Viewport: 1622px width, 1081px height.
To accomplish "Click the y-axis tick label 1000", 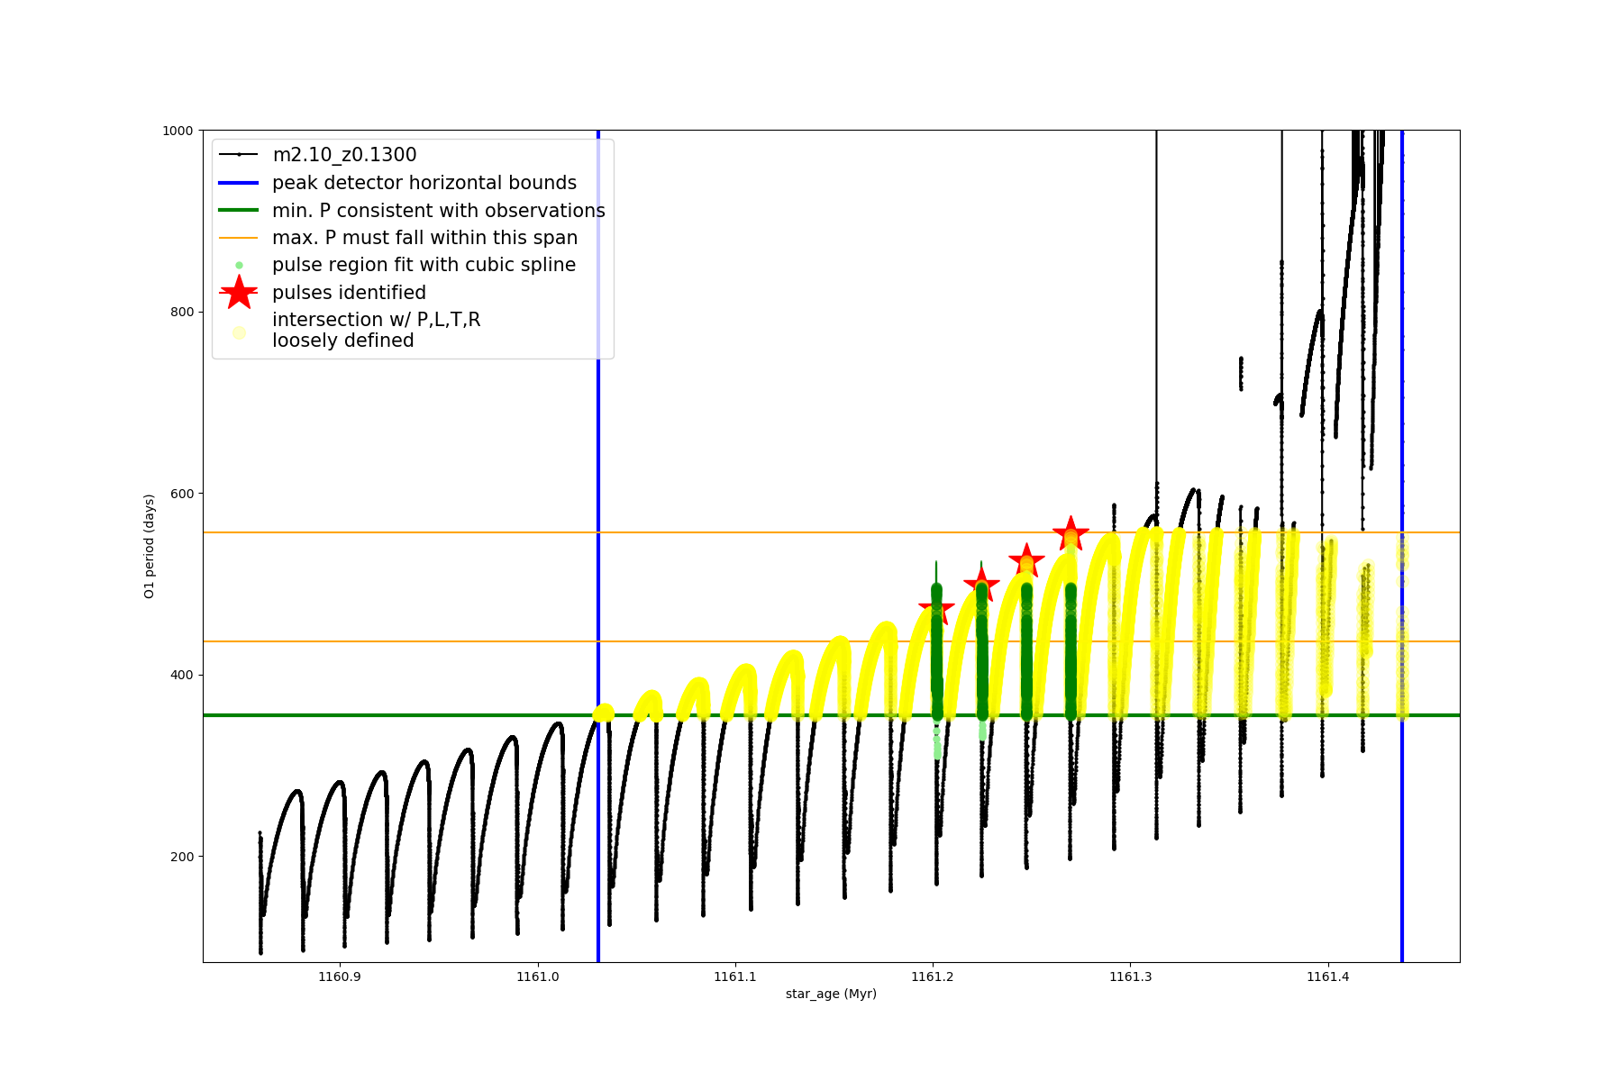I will (178, 131).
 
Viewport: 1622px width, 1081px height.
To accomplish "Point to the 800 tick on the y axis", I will (181, 312).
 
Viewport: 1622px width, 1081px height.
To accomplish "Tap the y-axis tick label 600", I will (181, 494).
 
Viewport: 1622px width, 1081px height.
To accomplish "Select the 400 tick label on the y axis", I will (181, 675).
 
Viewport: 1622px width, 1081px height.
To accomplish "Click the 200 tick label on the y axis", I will (181, 857).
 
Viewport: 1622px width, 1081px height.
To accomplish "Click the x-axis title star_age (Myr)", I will (831, 995).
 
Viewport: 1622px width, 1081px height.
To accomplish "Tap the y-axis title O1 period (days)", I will (150, 546).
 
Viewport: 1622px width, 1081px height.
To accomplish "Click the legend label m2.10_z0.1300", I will (344, 155).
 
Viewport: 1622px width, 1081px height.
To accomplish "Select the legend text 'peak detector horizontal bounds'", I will (424, 183).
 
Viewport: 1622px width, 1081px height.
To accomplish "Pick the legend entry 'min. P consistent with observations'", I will (438, 211).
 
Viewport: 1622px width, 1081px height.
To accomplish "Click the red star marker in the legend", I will (239, 292).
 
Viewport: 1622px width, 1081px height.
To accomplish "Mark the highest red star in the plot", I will (1071, 533).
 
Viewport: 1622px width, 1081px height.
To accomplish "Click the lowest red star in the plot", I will (936, 608).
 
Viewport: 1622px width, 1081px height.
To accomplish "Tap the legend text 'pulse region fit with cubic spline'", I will (424, 265).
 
